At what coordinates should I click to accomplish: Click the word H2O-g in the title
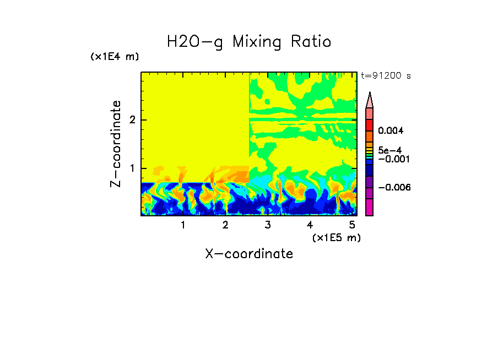195,42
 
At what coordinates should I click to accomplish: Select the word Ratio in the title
311,41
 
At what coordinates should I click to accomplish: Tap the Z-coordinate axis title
116,144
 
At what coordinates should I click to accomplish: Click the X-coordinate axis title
249,254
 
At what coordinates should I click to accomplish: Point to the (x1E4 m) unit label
115,57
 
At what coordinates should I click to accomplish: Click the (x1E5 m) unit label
336,237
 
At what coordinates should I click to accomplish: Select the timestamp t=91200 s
386,76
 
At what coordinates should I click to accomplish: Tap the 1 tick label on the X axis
183,225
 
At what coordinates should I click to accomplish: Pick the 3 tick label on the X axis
268,225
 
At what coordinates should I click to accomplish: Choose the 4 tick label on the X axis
310,225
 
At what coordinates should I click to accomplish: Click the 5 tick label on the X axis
352,225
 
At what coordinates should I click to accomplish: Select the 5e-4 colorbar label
389,150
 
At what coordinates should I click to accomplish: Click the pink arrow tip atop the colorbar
370,100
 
